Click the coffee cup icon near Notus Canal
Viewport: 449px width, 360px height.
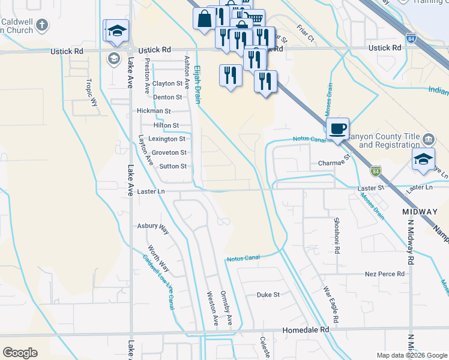click(338, 128)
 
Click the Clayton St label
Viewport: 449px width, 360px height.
click(167, 83)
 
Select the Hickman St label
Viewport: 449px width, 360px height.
click(154, 111)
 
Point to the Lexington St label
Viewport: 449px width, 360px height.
click(167, 139)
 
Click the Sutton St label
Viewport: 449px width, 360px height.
click(172, 166)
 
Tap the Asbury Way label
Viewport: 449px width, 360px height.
click(153, 226)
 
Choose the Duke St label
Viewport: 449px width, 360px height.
click(268, 295)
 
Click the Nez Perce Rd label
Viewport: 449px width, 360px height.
click(385, 274)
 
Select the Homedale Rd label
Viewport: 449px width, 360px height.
click(306, 329)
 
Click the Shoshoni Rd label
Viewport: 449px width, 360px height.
click(336, 231)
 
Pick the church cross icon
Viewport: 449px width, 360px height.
click(41, 25)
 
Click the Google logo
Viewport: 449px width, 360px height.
click(20, 353)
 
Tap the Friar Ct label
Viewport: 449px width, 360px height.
click(306, 32)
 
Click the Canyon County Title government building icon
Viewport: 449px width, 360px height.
click(429, 140)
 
